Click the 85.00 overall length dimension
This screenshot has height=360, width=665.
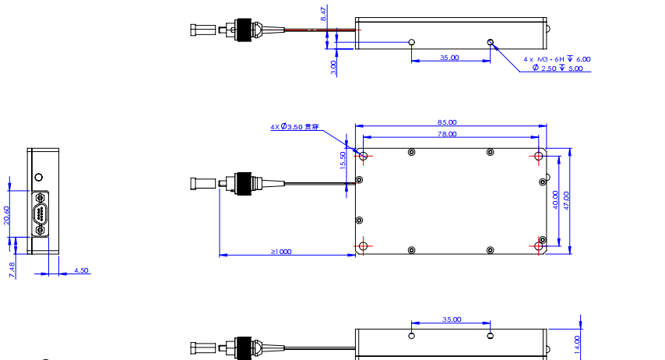click(x=447, y=122)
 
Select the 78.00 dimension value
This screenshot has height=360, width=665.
click(x=447, y=135)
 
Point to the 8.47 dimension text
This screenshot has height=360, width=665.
click(x=323, y=15)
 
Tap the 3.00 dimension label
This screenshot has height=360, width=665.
click(x=333, y=67)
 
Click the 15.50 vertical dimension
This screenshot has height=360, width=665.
click(x=343, y=159)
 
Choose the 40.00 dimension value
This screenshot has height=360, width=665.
click(x=554, y=199)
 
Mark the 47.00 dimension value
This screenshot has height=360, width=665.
click(x=566, y=199)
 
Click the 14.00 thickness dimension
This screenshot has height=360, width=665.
click(x=577, y=341)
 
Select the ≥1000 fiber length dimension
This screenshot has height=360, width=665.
click(x=280, y=252)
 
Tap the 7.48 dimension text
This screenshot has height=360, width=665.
click(x=11, y=269)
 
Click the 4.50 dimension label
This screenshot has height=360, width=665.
click(x=81, y=271)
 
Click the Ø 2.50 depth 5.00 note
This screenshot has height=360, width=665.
click(x=557, y=69)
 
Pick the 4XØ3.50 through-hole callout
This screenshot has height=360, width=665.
click(x=294, y=126)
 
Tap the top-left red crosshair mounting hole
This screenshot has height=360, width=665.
click(x=363, y=155)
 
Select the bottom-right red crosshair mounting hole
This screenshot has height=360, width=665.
click(x=539, y=246)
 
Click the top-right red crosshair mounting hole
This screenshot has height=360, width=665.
click(x=539, y=155)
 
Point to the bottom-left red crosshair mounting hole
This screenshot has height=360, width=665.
click(x=363, y=246)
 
